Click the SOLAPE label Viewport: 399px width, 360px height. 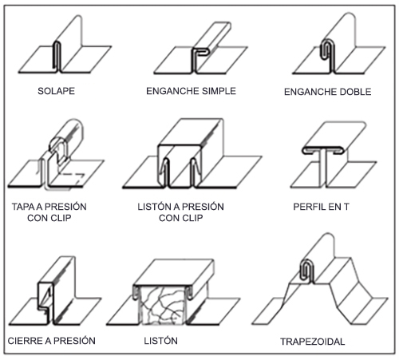coord(56,91)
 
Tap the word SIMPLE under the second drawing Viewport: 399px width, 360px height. coord(219,91)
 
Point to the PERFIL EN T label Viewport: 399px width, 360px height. coord(321,207)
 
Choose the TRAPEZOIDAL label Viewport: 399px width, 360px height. coord(313,342)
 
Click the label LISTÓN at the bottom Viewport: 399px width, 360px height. coord(160,341)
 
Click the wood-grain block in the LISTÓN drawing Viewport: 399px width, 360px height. coord(162,305)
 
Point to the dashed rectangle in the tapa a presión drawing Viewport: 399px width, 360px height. coord(71,179)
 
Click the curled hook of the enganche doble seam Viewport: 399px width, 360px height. coord(326,50)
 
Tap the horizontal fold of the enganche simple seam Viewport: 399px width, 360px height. coord(201,52)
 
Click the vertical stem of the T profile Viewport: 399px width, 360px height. coord(325,168)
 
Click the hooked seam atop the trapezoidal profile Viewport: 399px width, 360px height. coord(307,271)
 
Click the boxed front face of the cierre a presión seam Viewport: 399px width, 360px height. coord(45,296)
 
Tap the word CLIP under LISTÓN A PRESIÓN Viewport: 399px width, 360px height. coord(192,218)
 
